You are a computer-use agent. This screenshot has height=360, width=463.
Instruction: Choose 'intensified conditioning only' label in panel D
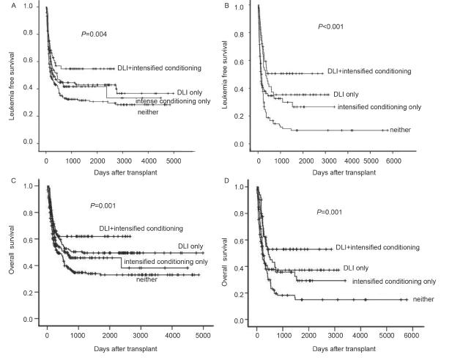[394, 281]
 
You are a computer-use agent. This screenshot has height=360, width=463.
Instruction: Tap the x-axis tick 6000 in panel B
[393, 159]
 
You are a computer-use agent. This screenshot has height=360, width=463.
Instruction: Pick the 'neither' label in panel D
[423, 299]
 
